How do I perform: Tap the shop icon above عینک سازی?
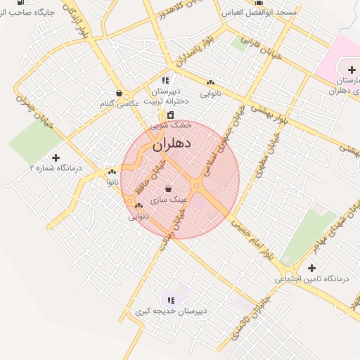click(x=168, y=188)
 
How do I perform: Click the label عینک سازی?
click(x=173, y=200)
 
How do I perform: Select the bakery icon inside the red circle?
click(x=139, y=206)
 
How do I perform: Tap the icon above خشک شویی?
click(x=171, y=115)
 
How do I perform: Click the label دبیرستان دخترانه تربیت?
click(x=167, y=96)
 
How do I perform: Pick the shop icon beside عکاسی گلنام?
click(x=119, y=93)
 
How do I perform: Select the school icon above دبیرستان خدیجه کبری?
click(x=171, y=300)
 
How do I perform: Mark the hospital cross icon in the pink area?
click(x=351, y=69)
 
